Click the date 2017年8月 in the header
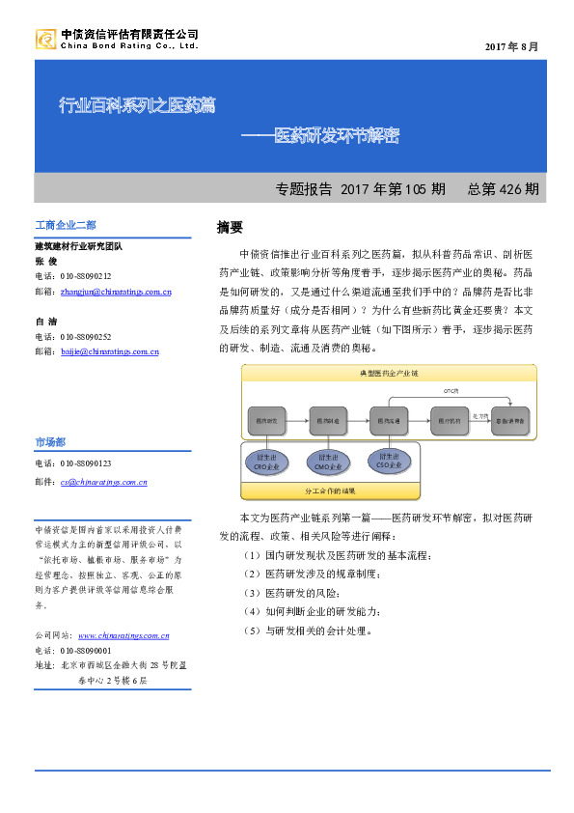point(511,46)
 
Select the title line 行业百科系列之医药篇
point(137,104)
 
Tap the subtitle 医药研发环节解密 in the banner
point(335,134)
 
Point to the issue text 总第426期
point(503,188)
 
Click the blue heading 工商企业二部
point(65,226)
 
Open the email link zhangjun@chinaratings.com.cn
point(115,290)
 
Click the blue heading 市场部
point(50,441)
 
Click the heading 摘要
point(230,228)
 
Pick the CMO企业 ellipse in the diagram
point(327,463)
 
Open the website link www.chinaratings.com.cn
point(123,635)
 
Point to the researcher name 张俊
point(46,261)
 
